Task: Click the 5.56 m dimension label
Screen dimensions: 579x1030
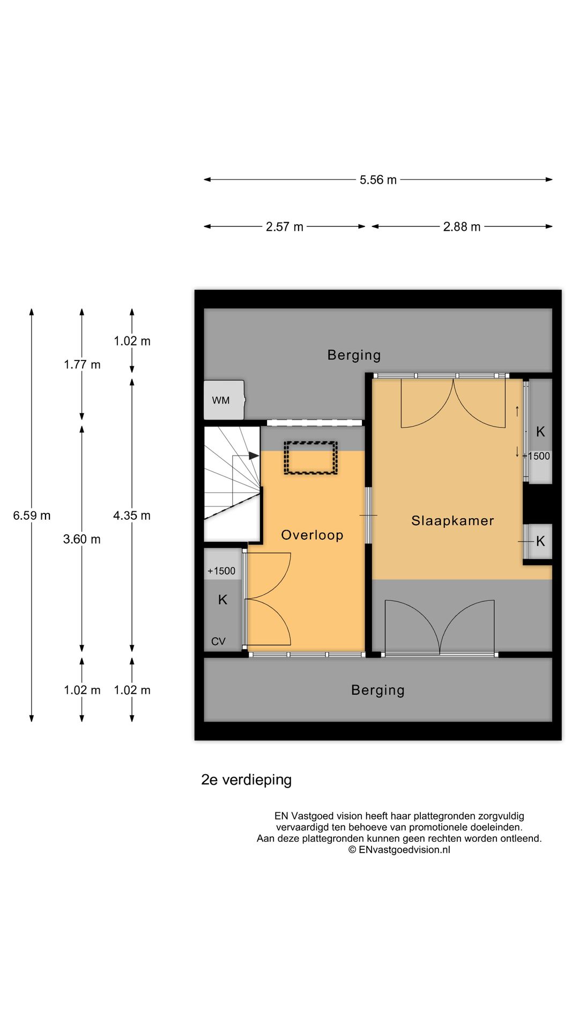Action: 378,180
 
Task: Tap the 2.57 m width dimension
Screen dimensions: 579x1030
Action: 285,227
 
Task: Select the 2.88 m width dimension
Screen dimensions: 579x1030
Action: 462,227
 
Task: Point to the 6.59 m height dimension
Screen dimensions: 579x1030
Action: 32,516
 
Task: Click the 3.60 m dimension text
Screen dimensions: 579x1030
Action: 81,539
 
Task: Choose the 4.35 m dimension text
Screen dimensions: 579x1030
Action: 132,516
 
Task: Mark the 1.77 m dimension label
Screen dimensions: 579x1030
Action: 82,365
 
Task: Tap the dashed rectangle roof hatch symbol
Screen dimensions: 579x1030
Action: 310,458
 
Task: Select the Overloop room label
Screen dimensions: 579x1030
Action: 312,535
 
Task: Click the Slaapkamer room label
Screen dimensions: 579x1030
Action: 452,520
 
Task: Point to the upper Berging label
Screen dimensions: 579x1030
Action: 354,355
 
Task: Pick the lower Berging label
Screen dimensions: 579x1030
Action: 377,690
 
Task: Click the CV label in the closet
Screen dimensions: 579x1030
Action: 218,641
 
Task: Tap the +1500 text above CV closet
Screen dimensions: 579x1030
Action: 221,571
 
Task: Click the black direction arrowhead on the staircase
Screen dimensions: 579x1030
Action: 254,456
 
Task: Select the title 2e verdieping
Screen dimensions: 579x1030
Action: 246,779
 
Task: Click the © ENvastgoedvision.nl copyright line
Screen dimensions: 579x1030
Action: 399,850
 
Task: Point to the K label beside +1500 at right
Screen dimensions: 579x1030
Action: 540,431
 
